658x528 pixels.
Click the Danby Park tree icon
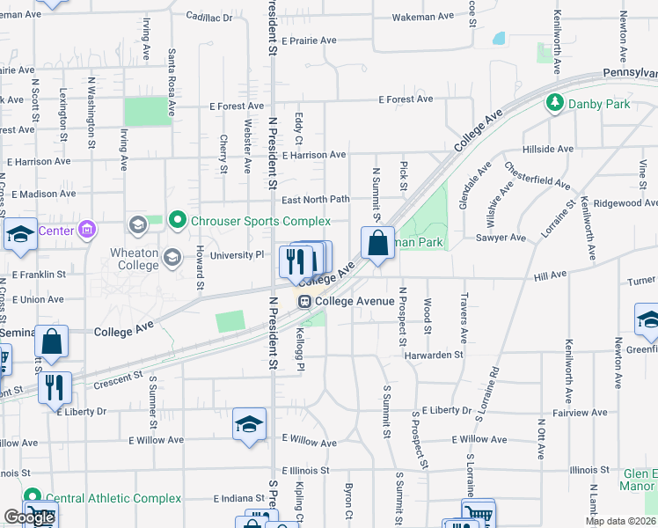pos(554,104)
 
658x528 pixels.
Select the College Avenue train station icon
pos(304,301)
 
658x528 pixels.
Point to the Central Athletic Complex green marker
pos(33,498)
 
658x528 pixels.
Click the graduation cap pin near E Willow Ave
pos(249,424)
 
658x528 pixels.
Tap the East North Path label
pos(315,200)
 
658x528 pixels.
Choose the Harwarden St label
pos(434,355)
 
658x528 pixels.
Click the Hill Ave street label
pos(550,276)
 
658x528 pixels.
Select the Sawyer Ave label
pos(500,238)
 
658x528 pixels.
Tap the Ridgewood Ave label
pos(625,202)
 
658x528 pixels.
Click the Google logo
pos(29,517)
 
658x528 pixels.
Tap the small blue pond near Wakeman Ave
pos(500,39)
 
